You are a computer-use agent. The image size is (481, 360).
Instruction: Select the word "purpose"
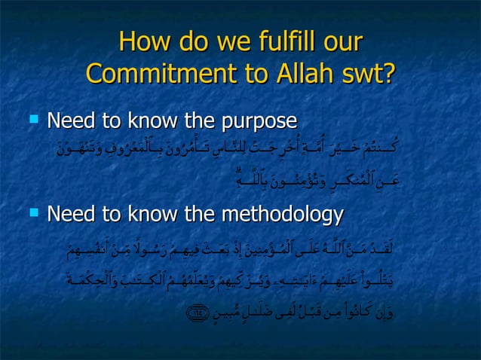click(257, 122)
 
